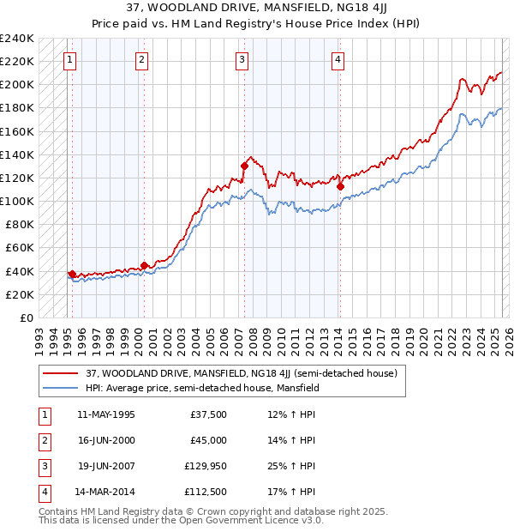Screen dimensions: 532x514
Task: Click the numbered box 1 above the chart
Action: tap(69, 59)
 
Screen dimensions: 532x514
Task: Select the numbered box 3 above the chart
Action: tap(242, 59)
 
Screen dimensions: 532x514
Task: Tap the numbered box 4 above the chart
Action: tap(338, 59)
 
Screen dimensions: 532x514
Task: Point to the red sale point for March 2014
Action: tap(340, 186)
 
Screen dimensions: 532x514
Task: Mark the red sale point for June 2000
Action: tap(144, 265)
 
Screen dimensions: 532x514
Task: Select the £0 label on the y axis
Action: tap(26, 317)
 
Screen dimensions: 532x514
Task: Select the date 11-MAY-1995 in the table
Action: tap(105, 414)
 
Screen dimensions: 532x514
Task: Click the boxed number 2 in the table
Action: tap(44, 440)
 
